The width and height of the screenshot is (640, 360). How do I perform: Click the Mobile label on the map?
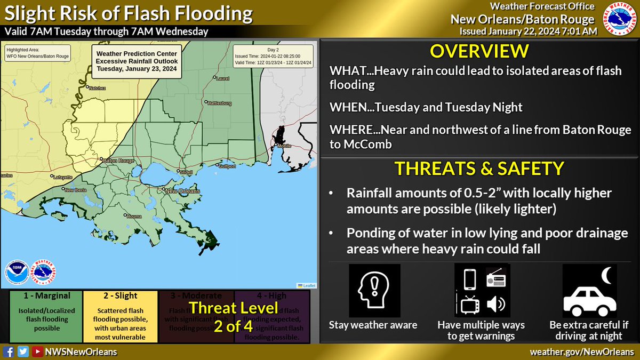pos(283,146)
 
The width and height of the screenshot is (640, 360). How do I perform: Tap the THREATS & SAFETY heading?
pos(479,169)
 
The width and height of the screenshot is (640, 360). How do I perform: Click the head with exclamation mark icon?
pos(374,291)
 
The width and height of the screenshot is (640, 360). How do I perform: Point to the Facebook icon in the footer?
pos(9,352)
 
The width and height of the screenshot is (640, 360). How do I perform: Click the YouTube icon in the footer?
pos(37,352)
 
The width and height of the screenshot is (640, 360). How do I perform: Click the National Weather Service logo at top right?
pos(619,19)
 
